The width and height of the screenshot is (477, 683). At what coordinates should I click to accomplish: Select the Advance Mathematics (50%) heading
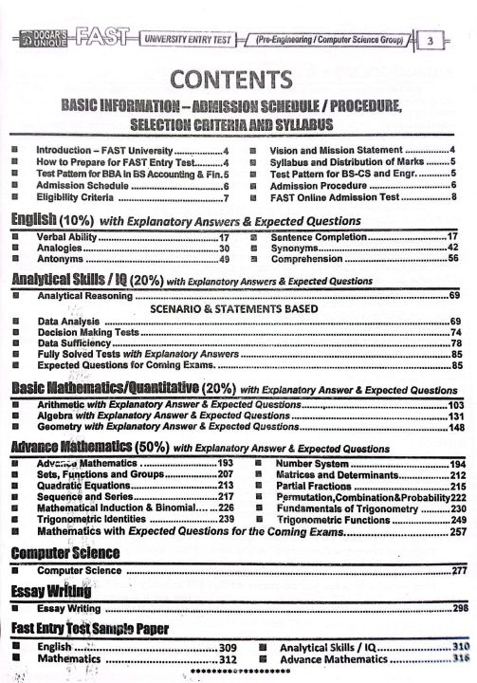(89, 447)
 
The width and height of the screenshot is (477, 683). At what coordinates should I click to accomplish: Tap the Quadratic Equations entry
(84, 486)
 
